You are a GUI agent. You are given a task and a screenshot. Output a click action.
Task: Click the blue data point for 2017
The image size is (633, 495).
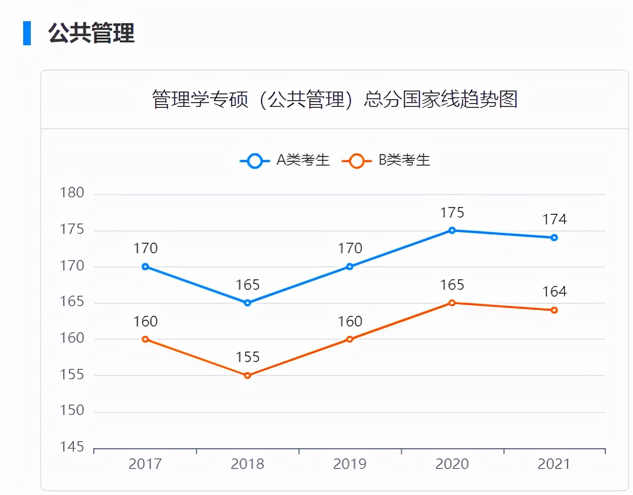[145, 267]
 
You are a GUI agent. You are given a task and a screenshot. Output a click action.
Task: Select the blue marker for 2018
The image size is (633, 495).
[248, 303]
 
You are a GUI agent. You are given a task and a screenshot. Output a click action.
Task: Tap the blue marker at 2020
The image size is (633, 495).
[452, 231]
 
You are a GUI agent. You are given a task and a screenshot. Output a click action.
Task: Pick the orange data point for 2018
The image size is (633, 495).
[248, 376]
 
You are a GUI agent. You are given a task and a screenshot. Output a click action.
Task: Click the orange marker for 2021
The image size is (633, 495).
[554, 310]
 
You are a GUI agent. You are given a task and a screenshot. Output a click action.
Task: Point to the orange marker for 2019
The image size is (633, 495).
[350, 339]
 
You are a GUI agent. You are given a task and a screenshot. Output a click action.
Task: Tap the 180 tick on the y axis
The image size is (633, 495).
[72, 193]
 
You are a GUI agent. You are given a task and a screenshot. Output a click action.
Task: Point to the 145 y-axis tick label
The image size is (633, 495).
[72, 447]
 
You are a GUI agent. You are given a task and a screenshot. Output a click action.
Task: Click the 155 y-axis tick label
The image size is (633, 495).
[72, 375]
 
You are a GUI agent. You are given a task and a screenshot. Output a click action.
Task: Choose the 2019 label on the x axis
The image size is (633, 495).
[350, 464]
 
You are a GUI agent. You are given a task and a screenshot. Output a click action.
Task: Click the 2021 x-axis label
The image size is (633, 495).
[554, 464]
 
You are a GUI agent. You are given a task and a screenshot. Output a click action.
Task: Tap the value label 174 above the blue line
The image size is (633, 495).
[554, 220]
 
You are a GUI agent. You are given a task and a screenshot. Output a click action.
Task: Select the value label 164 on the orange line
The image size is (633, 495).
[554, 292]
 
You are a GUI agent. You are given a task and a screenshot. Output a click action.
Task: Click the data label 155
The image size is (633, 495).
[248, 357]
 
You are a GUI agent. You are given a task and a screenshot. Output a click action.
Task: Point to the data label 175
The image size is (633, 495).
[452, 213]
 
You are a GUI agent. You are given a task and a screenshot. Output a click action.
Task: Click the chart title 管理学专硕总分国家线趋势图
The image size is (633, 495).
[335, 100]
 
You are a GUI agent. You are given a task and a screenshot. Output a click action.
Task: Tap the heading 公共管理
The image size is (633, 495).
[91, 33]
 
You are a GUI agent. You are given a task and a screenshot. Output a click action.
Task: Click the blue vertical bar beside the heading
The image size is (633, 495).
[27, 33]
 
